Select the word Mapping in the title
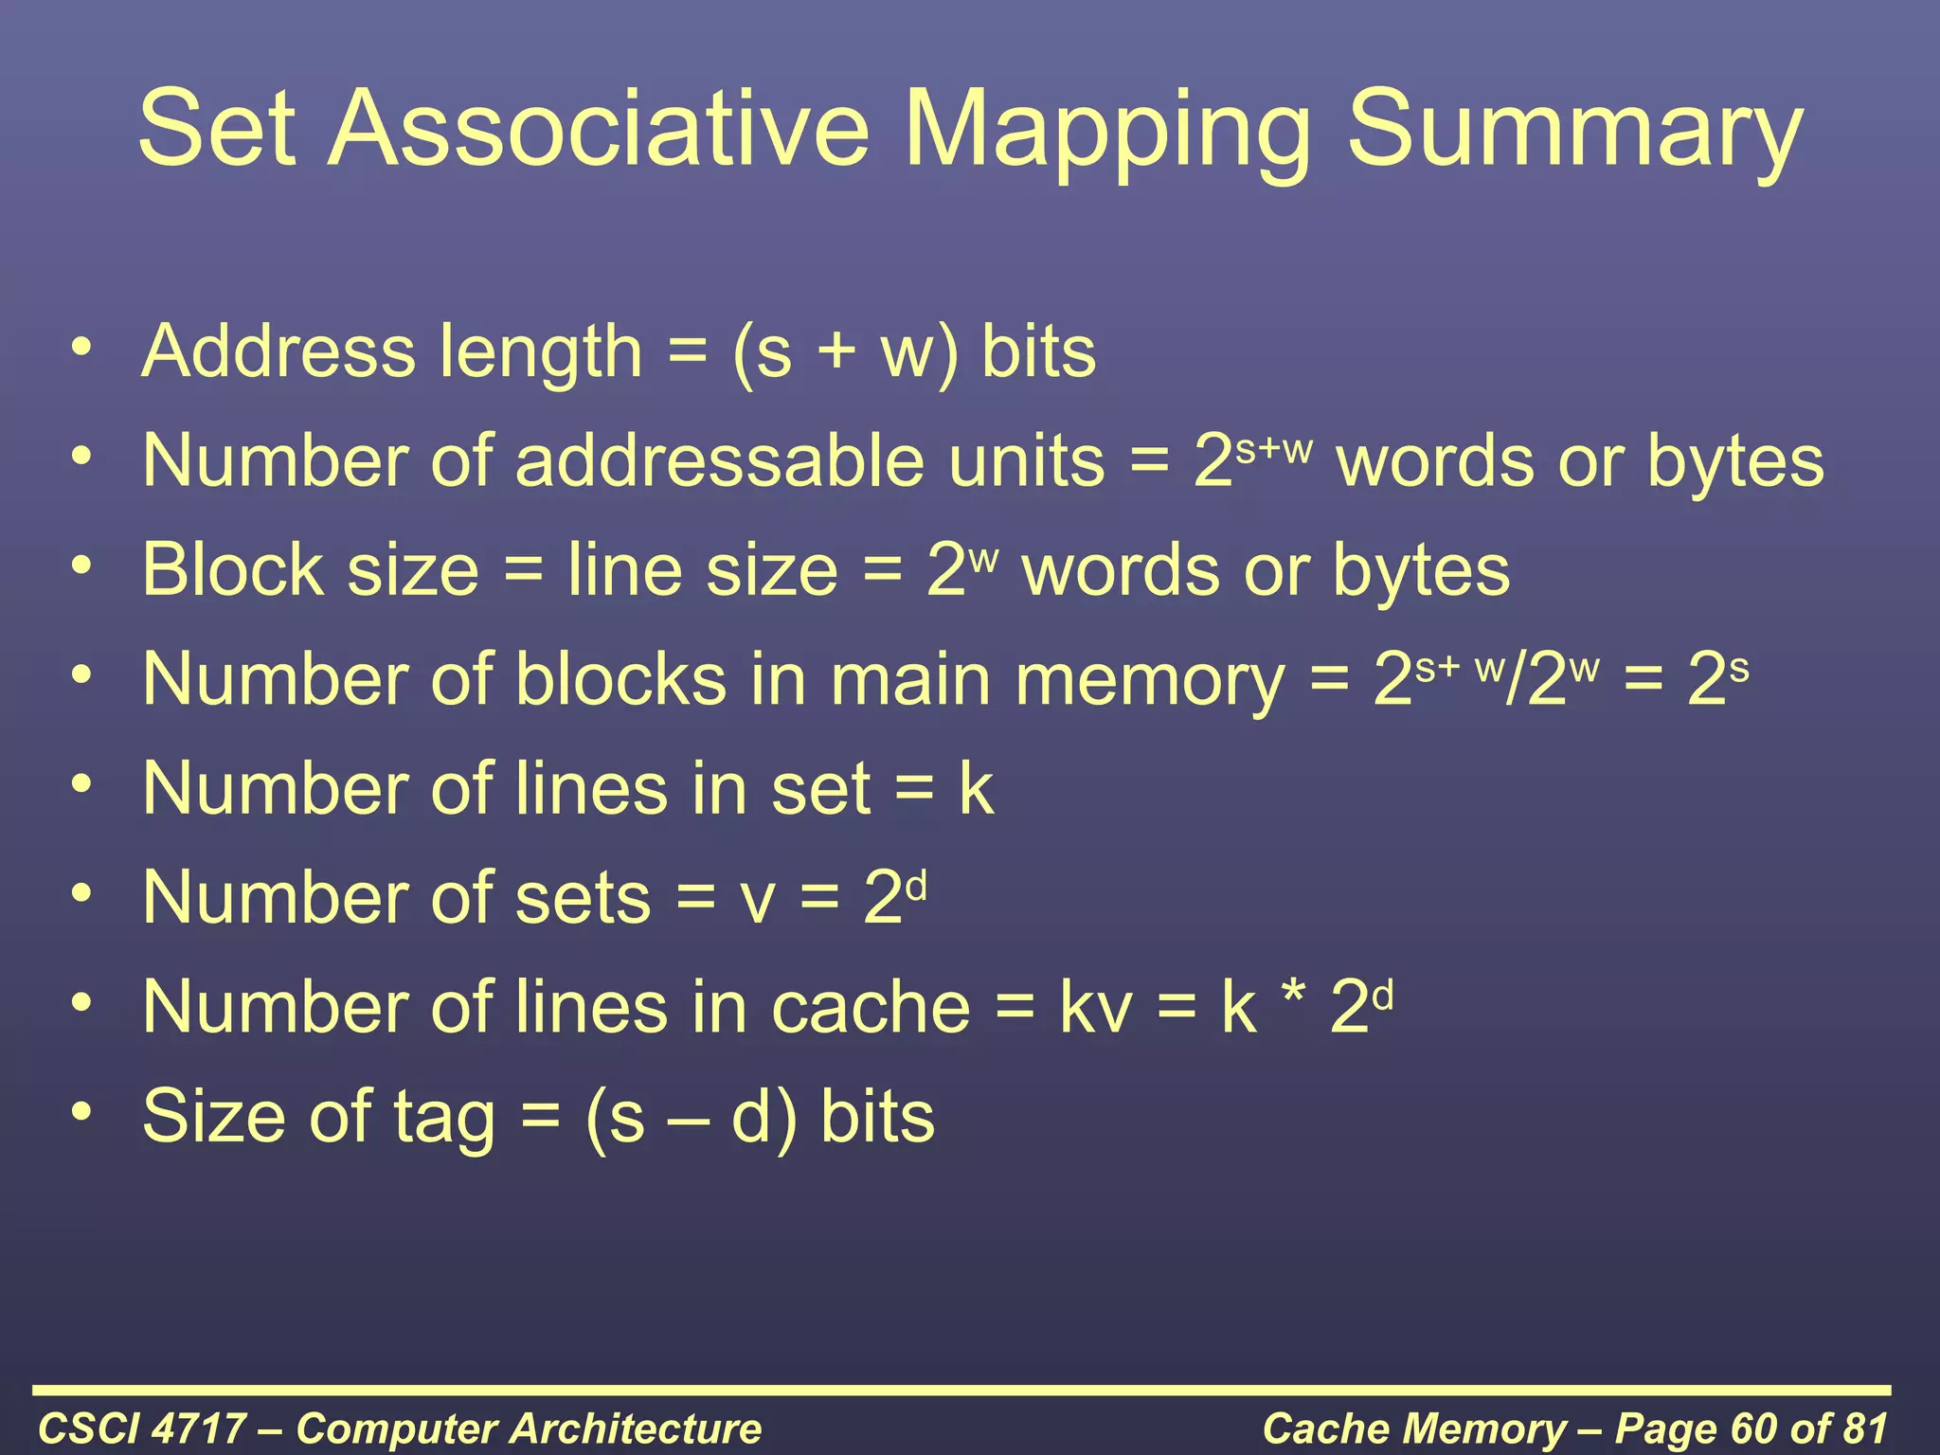[1106, 133]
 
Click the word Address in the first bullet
[278, 351]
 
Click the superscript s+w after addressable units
[1275, 448]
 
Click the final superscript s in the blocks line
[1739, 669]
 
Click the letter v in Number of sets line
[758, 900]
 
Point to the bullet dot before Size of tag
[82, 1110]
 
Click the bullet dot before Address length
[82, 347]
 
